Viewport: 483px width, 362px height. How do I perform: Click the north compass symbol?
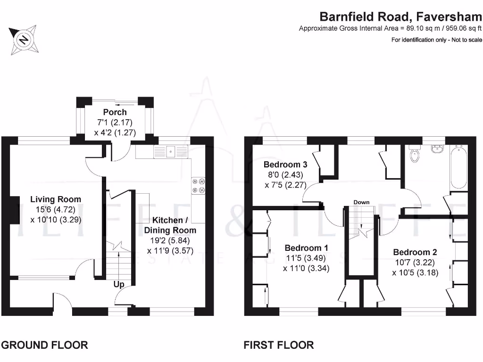tap(24, 40)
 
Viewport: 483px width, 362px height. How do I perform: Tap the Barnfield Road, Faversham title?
tap(400, 16)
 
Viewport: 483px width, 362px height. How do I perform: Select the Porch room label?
tap(115, 112)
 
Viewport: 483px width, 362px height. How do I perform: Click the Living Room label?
tap(56, 199)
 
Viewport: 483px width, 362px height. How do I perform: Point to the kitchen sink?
tap(170, 152)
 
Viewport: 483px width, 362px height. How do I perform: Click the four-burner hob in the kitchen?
tap(199, 186)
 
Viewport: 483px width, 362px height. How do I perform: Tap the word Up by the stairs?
tap(119, 284)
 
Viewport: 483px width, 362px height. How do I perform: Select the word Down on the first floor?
tap(361, 202)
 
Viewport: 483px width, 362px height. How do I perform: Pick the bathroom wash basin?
tap(437, 148)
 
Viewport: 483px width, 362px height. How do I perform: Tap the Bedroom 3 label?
tap(285, 165)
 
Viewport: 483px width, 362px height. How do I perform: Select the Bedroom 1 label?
tap(306, 248)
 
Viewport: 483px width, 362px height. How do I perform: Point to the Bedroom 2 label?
tap(415, 253)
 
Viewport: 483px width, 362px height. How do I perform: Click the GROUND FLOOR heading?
tap(45, 345)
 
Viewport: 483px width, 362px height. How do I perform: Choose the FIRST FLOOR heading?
tap(279, 345)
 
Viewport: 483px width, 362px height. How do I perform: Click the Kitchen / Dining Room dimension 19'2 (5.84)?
tap(170, 240)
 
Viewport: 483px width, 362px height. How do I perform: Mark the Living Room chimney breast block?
tap(15, 210)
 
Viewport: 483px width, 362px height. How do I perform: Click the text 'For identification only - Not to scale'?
tap(436, 40)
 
